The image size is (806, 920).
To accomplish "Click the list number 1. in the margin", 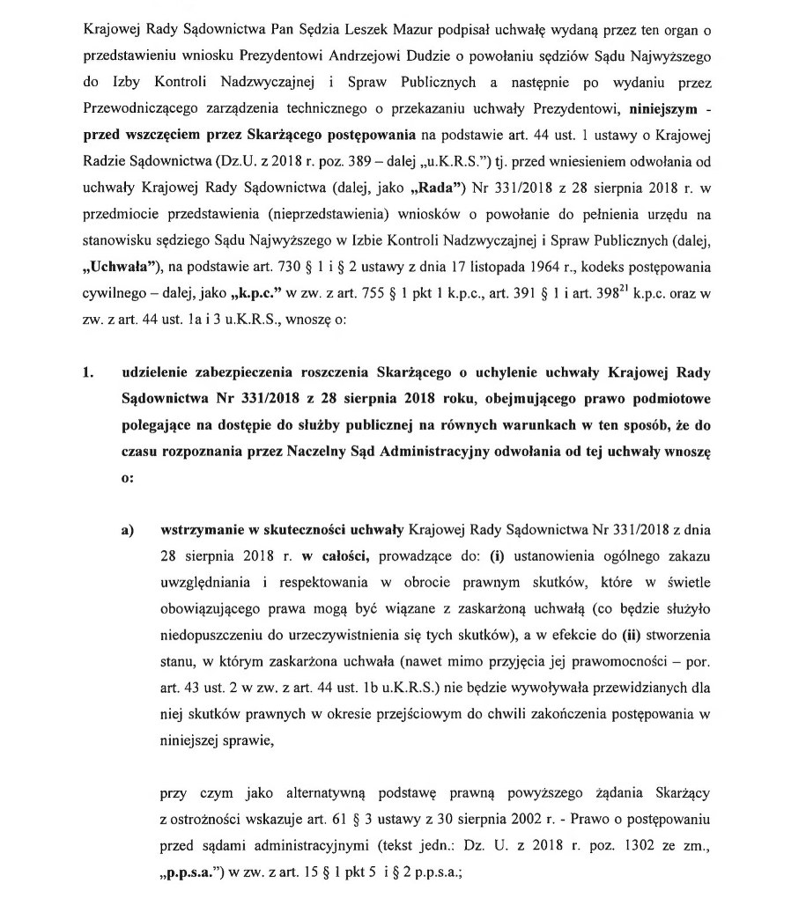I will tap(88, 373).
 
